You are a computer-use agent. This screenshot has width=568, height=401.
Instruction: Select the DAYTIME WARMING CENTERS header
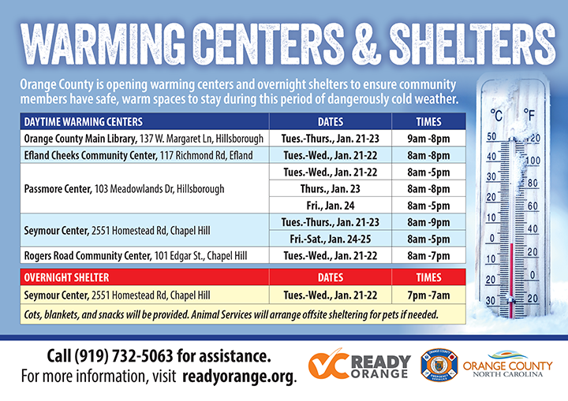tap(83, 122)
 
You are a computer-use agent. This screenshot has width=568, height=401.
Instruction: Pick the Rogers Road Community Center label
tap(86, 256)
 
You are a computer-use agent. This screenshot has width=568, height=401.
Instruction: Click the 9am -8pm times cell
tap(429, 139)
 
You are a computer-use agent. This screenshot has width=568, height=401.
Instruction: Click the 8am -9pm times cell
tap(429, 223)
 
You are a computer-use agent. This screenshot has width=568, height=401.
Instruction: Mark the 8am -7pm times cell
tap(429, 256)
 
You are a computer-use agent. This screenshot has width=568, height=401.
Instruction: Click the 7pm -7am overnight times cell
tap(429, 295)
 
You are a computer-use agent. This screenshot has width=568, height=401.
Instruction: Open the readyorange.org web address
tap(238, 377)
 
